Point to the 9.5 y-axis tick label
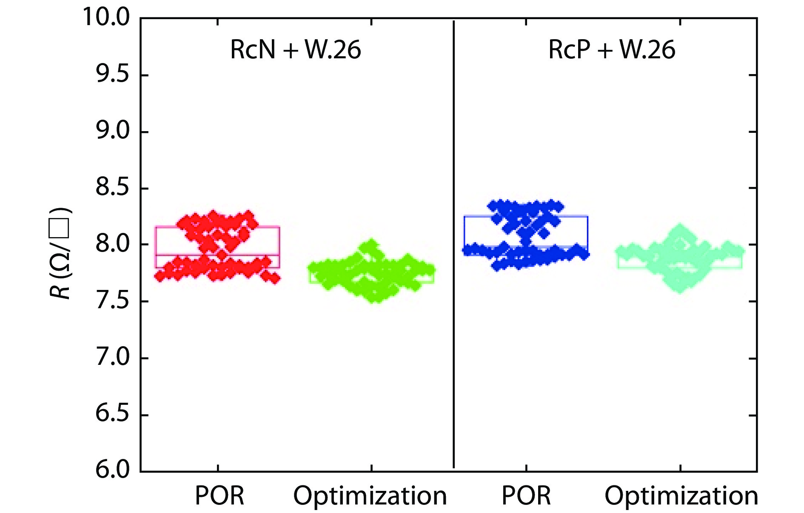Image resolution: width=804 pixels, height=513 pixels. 112,75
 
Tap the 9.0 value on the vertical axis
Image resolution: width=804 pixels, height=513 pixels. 112,131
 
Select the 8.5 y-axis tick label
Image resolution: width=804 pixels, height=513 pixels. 112,188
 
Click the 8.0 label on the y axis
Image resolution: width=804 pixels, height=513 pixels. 112,244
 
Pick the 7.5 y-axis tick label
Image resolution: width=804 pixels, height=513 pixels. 112,301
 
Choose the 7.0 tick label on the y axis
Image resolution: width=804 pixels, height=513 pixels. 112,358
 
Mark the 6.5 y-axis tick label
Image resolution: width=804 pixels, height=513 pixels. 112,414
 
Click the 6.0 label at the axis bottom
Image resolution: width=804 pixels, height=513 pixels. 112,470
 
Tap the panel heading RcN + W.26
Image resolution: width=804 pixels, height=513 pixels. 295,49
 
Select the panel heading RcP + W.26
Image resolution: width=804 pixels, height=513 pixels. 611,49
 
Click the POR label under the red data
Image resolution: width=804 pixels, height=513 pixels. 219,496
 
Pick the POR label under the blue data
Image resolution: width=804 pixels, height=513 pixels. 526,496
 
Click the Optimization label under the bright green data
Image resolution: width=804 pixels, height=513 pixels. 370,496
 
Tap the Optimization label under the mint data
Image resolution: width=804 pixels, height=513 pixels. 681,496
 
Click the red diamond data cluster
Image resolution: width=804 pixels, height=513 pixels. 217,247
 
